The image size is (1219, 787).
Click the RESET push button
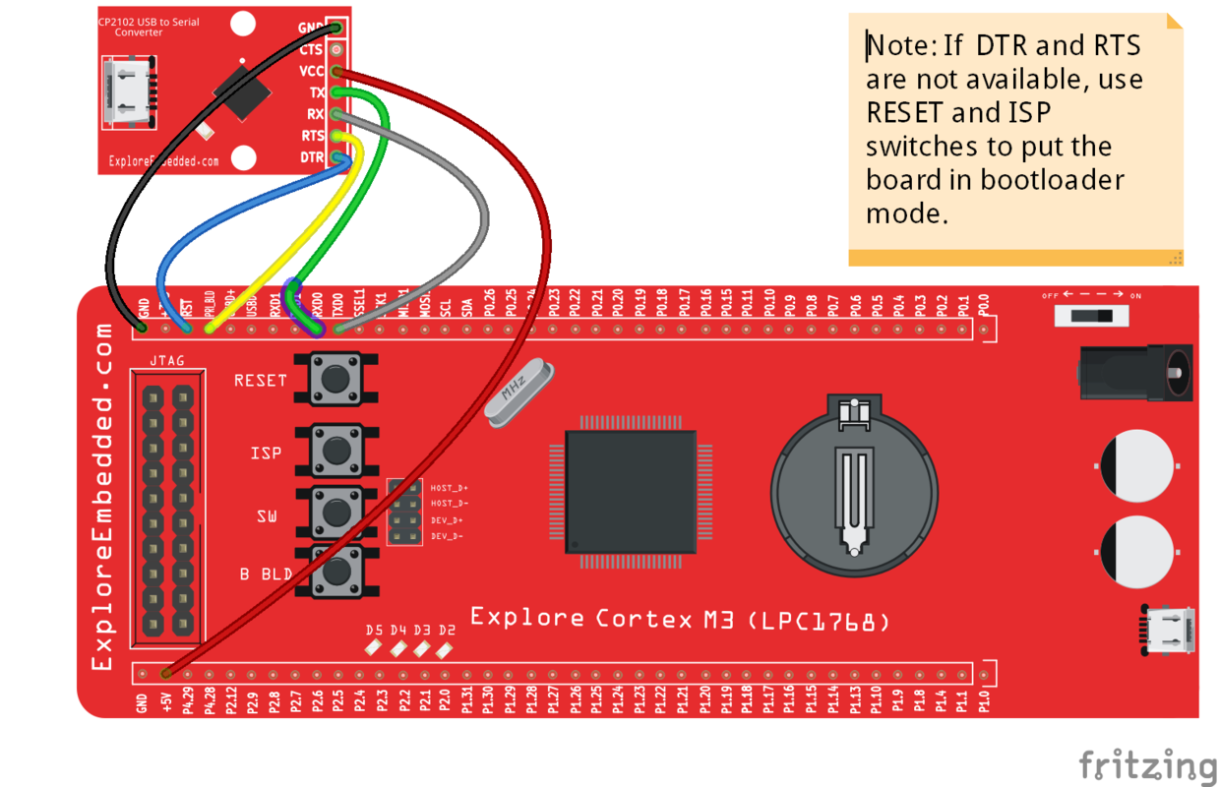pyautogui.click(x=335, y=378)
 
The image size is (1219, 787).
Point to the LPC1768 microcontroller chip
pyautogui.click(x=631, y=491)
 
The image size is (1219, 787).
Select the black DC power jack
pyautogui.click(x=1135, y=372)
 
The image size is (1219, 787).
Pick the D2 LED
pyautogui.click(x=446, y=648)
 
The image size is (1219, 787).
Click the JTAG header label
pyautogui.click(x=166, y=361)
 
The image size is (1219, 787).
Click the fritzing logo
pyautogui.click(x=1147, y=763)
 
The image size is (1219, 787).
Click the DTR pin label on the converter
pyautogui.click(x=312, y=157)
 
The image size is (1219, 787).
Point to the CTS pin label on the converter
pyautogui.click(x=311, y=49)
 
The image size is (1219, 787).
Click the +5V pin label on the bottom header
pyautogui.click(x=167, y=699)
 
